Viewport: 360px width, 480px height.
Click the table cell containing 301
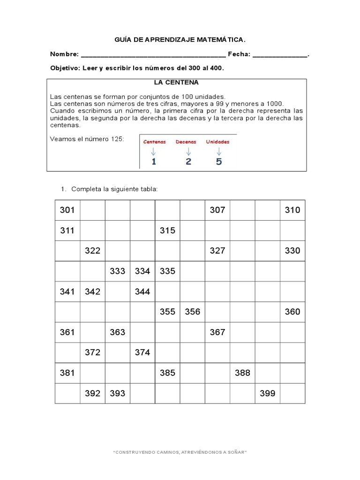coord(67,210)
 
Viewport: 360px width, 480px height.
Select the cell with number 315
coord(167,231)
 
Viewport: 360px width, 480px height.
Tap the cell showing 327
coord(217,251)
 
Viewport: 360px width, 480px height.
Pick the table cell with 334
coord(142,271)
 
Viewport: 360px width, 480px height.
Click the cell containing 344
coord(142,292)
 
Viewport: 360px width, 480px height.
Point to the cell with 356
coord(192,312)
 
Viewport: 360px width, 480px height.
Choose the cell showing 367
coord(217,332)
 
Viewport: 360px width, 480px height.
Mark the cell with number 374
coord(142,352)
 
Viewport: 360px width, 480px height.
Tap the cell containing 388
coord(242,373)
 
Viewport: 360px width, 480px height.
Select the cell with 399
coord(267,393)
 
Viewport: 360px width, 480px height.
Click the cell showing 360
coord(292,312)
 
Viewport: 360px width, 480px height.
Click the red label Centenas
coord(154,142)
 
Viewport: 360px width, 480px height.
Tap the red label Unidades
coord(218,142)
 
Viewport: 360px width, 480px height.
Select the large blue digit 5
coord(219,162)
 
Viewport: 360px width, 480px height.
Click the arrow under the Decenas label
coord(188,151)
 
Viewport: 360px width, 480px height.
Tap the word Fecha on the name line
coord(239,54)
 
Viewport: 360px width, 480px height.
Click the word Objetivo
coord(65,68)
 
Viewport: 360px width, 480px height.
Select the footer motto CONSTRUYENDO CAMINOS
coord(180,452)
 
